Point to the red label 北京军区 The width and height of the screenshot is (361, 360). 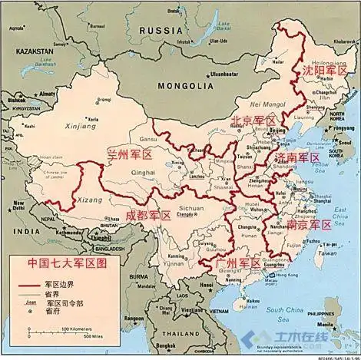pyautogui.click(x=254, y=121)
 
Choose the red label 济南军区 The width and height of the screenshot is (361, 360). pyautogui.click(x=297, y=157)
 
